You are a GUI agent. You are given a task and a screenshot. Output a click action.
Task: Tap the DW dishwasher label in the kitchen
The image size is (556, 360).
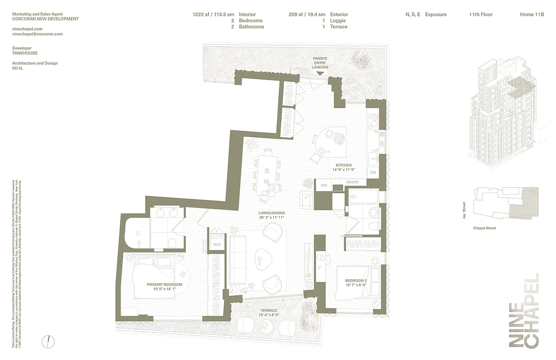pos(372,173)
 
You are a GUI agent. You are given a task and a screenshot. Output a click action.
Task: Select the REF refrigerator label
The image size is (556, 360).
pos(323,185)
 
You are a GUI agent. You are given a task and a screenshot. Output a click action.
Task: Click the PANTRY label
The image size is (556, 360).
pos(352,182)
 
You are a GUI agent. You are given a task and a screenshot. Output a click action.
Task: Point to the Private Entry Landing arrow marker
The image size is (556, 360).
pos(320,73)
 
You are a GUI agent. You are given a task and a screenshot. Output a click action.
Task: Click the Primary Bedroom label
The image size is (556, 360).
pos(164,284)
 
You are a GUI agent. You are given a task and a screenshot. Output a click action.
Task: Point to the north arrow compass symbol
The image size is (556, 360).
pos(47,342)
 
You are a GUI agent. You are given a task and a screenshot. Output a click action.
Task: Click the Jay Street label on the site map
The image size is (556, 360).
pos(463,210)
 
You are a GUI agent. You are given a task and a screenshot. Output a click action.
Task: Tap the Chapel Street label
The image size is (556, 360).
pos(484,228)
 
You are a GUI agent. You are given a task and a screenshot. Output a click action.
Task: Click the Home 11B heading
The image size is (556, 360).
pos(532,14)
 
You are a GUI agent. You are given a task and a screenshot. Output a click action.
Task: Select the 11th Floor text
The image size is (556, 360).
pos(480,14)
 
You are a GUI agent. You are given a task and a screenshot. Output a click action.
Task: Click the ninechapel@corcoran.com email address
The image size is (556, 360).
pos(37,34)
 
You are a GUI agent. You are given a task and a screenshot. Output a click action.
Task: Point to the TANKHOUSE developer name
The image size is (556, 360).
pos(25,53)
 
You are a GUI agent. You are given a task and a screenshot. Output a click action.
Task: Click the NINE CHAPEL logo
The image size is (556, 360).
pos(524,310)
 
